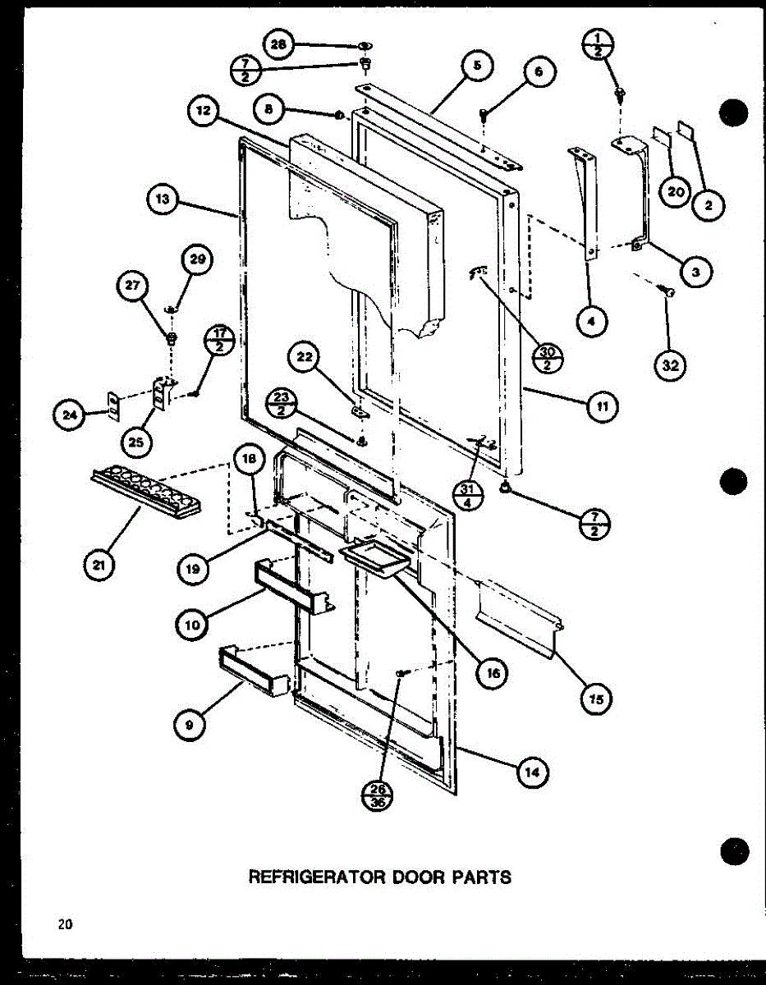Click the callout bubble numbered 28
coord(279,45)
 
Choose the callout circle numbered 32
coord(671,365)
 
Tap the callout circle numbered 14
coord(532,772)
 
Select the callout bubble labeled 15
coord(597,699)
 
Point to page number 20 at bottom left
coord(65,924)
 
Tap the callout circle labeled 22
coord(304,359)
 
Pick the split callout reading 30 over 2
coord(547,359)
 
